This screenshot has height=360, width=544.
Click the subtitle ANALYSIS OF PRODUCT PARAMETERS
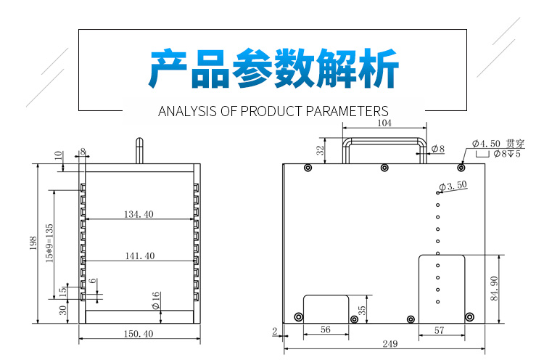273,112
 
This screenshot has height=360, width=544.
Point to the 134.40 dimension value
139,214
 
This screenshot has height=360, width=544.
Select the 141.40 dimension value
139,255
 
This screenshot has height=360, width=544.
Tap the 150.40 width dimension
139,334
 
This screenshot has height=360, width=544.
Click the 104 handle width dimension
384,124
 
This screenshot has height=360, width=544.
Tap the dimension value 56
325,330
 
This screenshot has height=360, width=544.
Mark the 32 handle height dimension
320,150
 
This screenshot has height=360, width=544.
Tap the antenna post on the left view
136,150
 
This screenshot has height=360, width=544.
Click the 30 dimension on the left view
63,310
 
